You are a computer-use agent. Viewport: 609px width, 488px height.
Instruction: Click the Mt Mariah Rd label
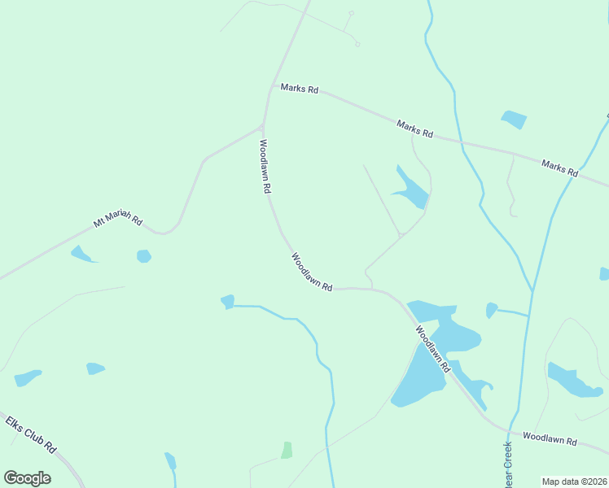coord(118,221)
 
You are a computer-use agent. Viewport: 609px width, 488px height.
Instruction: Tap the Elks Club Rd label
coord(30,435)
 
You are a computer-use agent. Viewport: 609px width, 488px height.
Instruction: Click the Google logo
coord(27,477)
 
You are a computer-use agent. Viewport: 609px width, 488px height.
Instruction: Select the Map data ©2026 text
coord(575,481)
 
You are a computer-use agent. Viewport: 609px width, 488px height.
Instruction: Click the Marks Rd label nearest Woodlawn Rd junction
coord(299,89)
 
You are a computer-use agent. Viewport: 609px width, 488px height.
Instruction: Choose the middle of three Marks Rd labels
coord(415,129)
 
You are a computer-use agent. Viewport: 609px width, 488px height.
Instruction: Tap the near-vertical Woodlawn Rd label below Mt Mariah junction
coord(265,166)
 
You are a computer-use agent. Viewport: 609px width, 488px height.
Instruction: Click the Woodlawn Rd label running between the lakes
coord(432,349)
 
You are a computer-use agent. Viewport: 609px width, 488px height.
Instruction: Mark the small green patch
coord(287,450)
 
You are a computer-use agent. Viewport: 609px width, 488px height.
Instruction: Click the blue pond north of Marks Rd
coord(514,120)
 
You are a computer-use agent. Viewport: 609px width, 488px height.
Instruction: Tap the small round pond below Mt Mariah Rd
coord(144,256)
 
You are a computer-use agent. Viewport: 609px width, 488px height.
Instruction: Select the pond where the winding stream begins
coord(228,302)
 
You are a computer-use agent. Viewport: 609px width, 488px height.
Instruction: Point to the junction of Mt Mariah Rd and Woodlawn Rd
coord(262,126)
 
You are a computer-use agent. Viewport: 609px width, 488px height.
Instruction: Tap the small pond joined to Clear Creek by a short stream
coord(491,310)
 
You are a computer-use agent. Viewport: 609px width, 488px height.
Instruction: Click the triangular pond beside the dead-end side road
coord(411,190)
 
